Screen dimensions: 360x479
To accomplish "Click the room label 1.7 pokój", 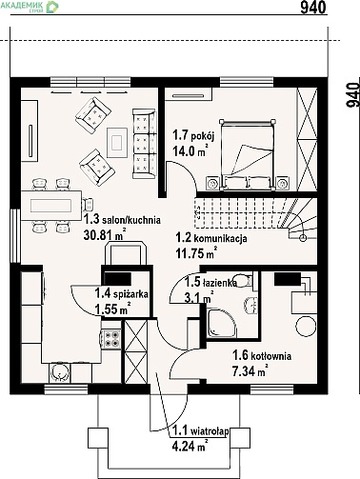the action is tap(193, 135).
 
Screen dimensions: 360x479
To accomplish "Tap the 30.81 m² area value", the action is tap(105, 235).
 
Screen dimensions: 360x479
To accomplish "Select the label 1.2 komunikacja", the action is tap(211, 238).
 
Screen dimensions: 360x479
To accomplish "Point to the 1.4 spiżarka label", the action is tap(122, 294).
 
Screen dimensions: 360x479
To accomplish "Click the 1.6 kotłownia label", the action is tap(262, 355).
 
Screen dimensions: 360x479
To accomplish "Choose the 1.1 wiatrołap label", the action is tap(201, 431).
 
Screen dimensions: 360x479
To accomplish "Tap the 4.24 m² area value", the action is tap(190, 446).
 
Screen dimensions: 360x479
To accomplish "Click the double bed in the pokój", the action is tap(248, 155).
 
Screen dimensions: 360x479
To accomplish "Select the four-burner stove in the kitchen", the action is tap(111, 339).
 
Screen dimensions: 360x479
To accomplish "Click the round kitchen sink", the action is tap(59, 372).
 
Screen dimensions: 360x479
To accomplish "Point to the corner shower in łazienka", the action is tap(221, 323).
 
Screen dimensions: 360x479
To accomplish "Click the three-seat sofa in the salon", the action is tap(145, 143).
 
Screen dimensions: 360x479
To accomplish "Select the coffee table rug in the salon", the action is tap(117, 143).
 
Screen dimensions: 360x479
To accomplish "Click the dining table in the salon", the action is tap(51, 206).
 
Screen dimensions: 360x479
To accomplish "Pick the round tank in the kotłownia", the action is tap(307, 327).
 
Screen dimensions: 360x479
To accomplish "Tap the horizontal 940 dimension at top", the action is tap(313, 7).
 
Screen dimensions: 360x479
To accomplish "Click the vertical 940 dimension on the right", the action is tap(352, 95).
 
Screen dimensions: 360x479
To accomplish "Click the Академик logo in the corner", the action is tap(30, 7).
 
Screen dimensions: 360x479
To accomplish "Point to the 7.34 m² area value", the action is tap(249, 370).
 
